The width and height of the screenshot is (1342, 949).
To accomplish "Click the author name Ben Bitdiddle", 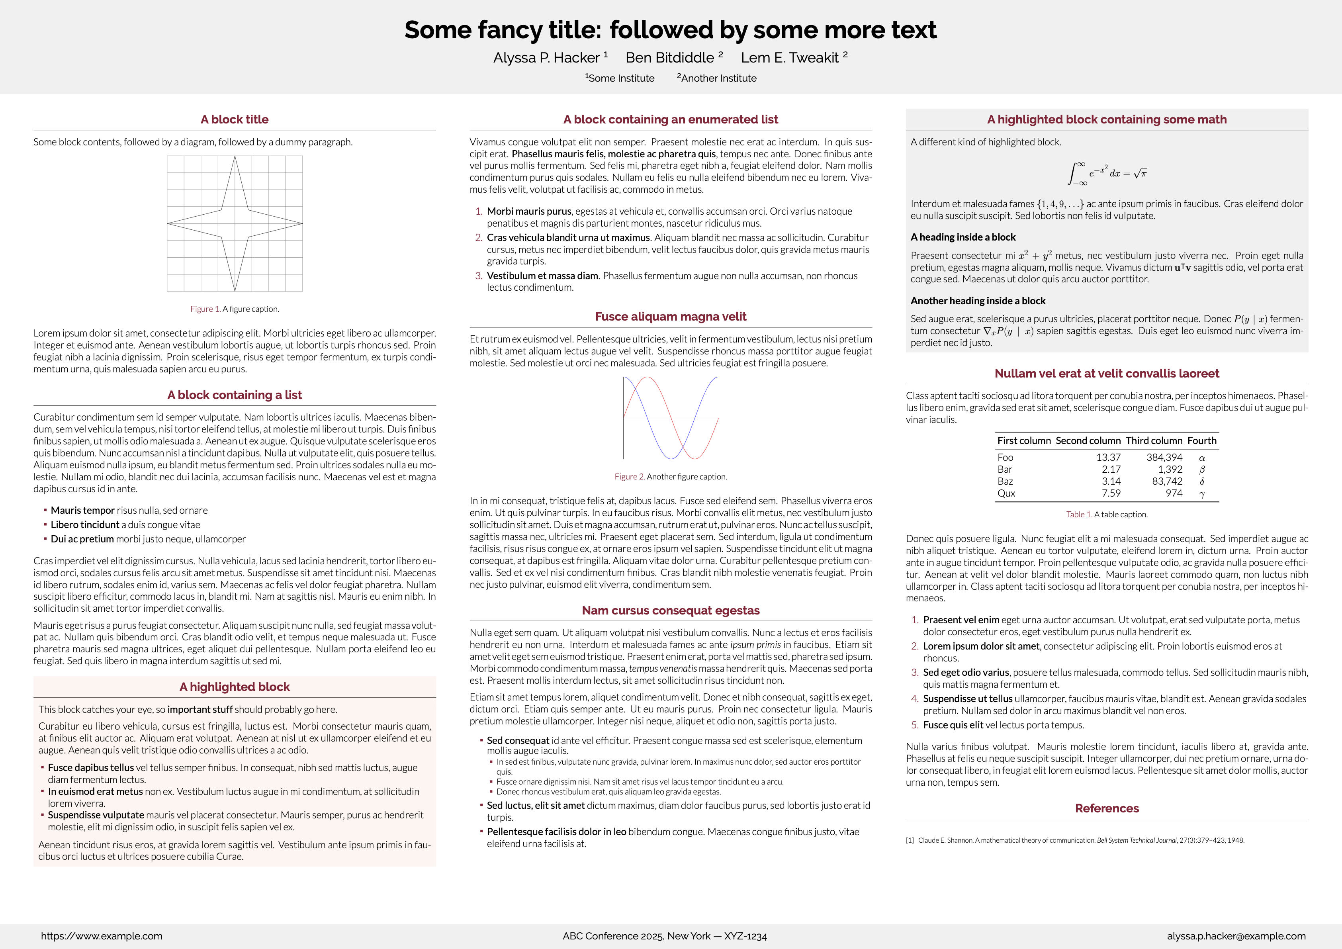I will [669, 58].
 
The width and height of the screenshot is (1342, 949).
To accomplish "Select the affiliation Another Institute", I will [718, 78].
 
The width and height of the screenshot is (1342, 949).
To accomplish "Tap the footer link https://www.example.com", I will [102, 935].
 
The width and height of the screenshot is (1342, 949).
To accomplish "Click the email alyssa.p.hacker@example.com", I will [1236, 935].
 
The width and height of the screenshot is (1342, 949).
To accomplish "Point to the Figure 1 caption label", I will [205, 309].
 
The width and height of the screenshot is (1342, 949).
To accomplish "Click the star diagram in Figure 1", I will [235, 223].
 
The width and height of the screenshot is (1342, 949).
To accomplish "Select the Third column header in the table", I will [1154, 440].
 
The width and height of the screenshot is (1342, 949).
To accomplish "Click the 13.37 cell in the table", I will [1108, 458].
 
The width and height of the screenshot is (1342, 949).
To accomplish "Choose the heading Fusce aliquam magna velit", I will [671, 317].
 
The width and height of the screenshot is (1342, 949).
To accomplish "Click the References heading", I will [1106, 808].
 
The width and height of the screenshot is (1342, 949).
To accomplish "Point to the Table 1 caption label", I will [1079, 515].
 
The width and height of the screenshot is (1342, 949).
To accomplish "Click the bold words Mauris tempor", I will [82, 510].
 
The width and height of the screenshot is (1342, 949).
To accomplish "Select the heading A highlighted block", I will [235, 687].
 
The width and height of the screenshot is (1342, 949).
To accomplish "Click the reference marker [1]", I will [910, 840].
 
